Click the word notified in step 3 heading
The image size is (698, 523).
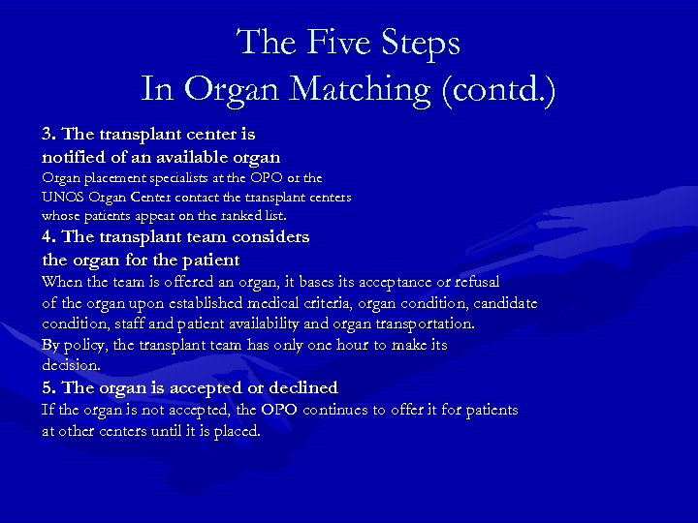click(x=74, y=156)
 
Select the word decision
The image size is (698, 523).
click(x=71, y=365)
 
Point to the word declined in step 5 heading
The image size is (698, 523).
click(x=300, y=387)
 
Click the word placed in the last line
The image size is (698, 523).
click(x=236, y=431)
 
